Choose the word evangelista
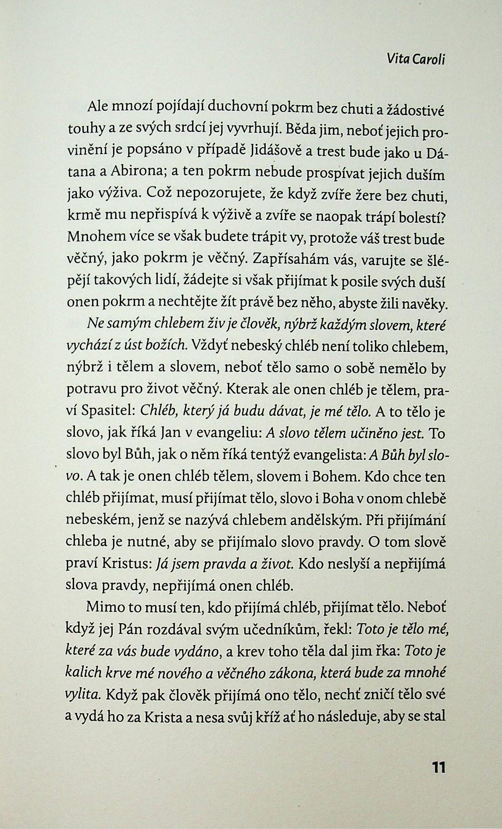328,455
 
